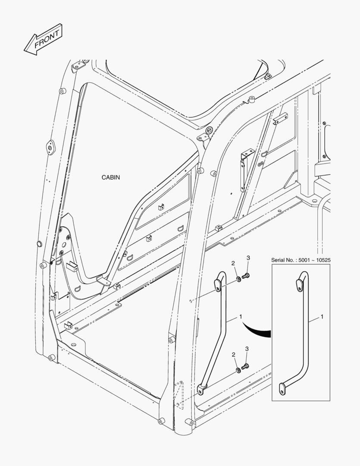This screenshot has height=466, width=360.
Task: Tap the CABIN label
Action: click(x=111, y=177)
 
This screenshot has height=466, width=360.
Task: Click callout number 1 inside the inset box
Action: click(x=322, y=317)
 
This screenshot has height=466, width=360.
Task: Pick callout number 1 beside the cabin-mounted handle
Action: click(x=241, y=317)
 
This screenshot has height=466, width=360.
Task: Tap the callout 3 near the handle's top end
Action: click(x=248, y=258)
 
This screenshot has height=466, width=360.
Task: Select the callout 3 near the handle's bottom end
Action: click(x=247, y=349)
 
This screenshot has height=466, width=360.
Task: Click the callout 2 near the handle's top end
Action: click(x=233, y=263)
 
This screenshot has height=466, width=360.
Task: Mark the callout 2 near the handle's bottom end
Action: click(x=234, y=355)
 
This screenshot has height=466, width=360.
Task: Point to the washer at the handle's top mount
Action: click(x=238, y=279)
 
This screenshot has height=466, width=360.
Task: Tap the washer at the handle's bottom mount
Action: click(x=238, y=370)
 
